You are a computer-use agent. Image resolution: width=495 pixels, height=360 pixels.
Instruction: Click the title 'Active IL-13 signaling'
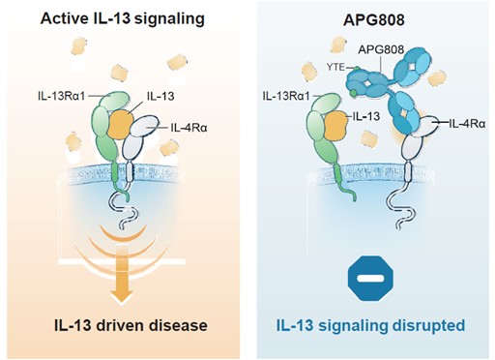(123, 18)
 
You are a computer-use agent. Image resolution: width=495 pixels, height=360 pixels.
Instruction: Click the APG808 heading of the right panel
(374, 20)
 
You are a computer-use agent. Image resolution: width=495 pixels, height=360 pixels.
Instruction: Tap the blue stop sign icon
(370, 279)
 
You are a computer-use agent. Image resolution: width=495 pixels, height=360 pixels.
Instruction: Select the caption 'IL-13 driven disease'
(131, 325)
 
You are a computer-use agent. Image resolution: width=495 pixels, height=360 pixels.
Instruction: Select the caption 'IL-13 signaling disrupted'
(370, 325)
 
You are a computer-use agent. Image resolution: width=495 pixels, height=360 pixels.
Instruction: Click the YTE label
(335, 68)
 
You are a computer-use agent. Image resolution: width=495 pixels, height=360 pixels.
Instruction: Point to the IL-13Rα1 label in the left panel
(61, 96)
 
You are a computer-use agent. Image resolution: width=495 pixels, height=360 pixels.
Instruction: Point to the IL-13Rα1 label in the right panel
(286, 96)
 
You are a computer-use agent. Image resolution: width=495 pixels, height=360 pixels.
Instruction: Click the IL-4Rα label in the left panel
(189, 128)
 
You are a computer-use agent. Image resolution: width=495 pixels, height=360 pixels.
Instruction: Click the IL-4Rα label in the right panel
(467, 123)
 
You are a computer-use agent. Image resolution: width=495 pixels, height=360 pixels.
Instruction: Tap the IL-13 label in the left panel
(160, 96)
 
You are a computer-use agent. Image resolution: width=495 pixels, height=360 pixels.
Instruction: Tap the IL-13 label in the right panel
(366, 116)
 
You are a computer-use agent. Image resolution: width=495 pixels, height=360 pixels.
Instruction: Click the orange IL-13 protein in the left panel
(120, 124)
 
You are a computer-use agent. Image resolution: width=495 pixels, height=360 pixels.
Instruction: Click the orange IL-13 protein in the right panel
(336, 126)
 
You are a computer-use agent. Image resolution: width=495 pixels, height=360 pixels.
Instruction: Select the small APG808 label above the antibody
(381, 49)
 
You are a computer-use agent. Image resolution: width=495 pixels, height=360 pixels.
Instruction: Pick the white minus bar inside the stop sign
(370, 279)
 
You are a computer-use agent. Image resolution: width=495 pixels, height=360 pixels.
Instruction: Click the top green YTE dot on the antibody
(357, 69)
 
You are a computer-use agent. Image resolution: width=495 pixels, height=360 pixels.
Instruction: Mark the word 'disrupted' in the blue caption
(431, 325)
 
